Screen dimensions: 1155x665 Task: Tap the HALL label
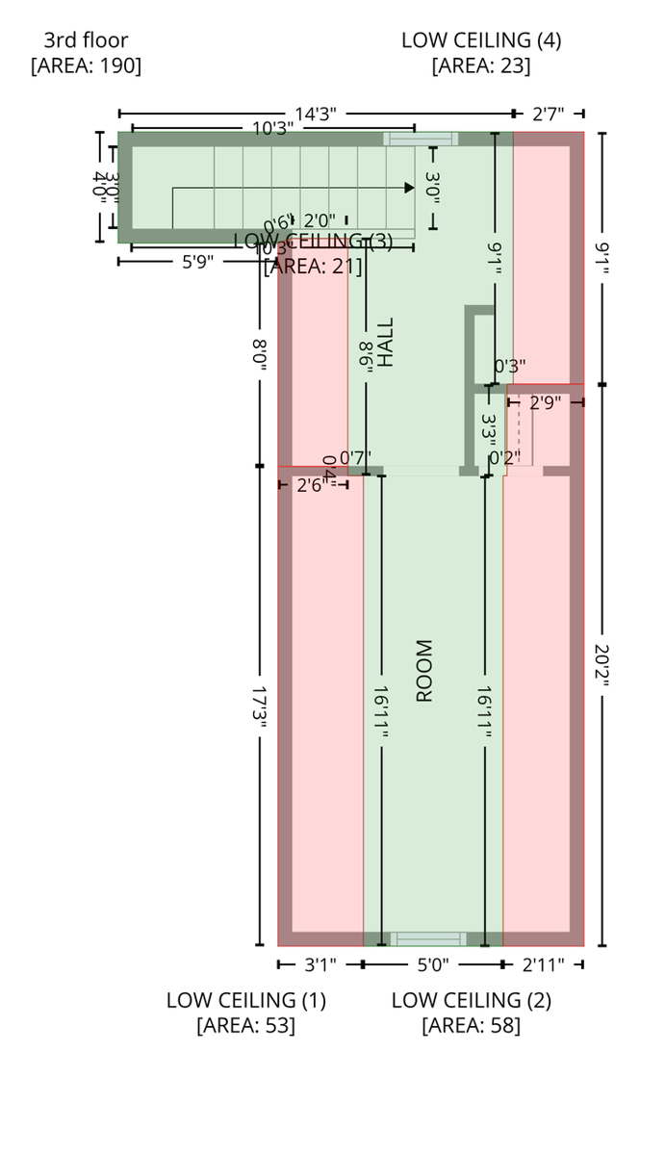pyautogui.click(x=386, y=343)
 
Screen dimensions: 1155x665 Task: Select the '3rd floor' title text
pyautogui.click(x=86, y=40)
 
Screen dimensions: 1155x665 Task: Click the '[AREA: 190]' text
pyautogui.click(x=86, y=65)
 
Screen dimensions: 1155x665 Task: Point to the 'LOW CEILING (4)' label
pyautogui.click(x=481, y=40)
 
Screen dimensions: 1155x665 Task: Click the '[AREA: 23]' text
pyautogui.click(x=481, y=65)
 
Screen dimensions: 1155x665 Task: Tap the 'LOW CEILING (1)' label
pyautogui.click(x=245, y=1000)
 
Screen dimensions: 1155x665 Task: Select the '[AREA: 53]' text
pyautogui.click(x=245, y=1025)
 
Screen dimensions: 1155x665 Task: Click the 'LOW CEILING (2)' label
pyautogui.click(x=471, y=1000)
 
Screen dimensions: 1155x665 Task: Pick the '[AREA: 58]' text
pyautogui.click(x=471, y=1025)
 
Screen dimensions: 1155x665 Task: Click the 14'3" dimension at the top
pyautogui.click(x=315, y=115)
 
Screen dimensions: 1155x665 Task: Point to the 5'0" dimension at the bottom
pyautogui.click(x=432, y=963)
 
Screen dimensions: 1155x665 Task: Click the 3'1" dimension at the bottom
pyautogui.click(x=320, y=963)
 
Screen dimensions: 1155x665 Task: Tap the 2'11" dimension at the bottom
pyautogui.click(x=543, y=963)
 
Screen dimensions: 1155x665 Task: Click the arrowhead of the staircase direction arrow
pyautogui.click(x=410, y=188)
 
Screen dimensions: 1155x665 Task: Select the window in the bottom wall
pyautogui.click(x=427, y=938)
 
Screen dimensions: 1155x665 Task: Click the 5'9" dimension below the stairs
pyautogui.click(x=197, y=260)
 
